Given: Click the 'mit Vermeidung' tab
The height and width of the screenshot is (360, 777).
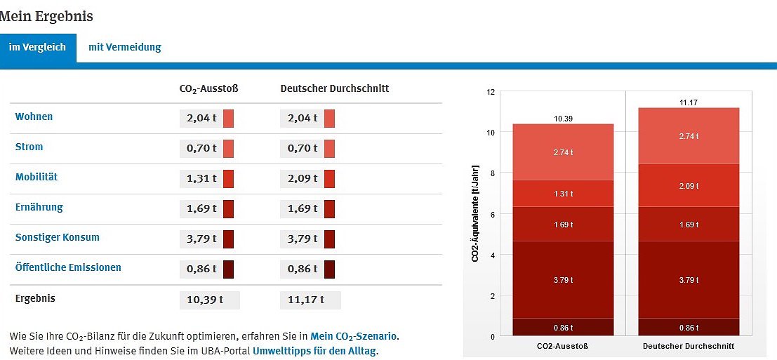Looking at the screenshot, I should pyautogui.click(x=124, y=47).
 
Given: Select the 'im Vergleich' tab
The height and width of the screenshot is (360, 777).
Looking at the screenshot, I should pyautogui.click(x=37, y=47).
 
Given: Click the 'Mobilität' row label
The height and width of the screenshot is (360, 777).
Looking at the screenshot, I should pyautogui.click(x=36, y=177).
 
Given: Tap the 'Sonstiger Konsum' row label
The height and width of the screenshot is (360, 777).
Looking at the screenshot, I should pyautogui.click(x=58, y=237).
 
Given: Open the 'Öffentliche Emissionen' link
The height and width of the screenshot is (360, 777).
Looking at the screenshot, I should pyautogui.click(x=68, y=267).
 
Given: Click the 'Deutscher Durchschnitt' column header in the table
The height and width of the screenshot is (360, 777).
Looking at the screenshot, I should pyautogui.click(x=334, y=89).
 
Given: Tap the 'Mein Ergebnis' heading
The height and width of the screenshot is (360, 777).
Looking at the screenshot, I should pyautogui.click(x=46, y=16).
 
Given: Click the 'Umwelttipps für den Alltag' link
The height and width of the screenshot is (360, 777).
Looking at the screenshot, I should pyautogui.click(x=314, y=351).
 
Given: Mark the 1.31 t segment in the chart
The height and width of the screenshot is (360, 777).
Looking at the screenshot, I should pyautogui.click(x=563, y=194).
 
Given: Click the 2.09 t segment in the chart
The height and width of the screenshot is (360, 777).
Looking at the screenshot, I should pyautogui.click(x=689, y=185).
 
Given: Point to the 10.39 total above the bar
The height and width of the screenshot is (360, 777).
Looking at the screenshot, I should pyautogui.click(x=563, y=119).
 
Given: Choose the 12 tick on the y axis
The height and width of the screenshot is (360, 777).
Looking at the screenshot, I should pyautogui.click(x=491, y=92).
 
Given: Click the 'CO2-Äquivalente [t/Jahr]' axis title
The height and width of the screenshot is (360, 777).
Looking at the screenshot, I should pyautogui.click(x=475, y=214).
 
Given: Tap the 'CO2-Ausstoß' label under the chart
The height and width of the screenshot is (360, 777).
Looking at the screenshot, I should pyautogui.click(x=563, y=347).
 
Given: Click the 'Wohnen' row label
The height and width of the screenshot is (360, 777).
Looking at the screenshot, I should pyautogui.click(x=34, y=116).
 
